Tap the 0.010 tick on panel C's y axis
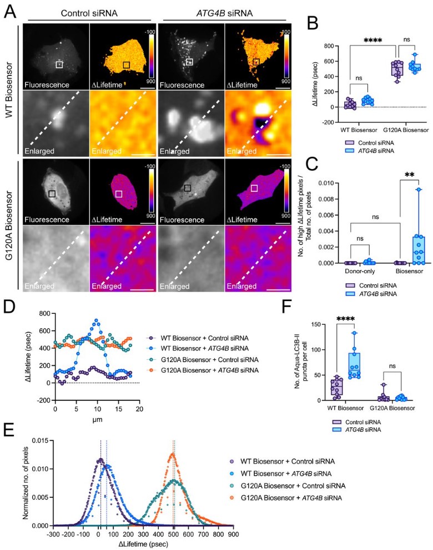[x=329, y=181]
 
